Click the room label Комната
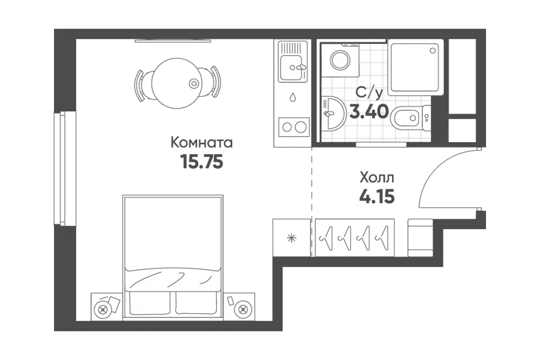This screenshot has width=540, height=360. click(201, 143)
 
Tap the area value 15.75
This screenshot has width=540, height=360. click(202, 161)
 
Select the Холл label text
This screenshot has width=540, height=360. click(377, 178)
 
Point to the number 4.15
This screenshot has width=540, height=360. click(377, 197)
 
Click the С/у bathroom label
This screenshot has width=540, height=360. click(369, 92)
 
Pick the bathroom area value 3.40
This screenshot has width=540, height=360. click(369, 111)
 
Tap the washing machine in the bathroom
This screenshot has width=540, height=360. click(340, 61)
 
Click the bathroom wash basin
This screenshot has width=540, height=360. click(334, 113)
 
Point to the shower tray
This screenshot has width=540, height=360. click(415, 67)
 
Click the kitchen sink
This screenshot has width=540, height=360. click(292, 68)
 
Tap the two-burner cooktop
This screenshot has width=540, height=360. click(294, 127)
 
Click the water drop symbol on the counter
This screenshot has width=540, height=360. click(292, 97)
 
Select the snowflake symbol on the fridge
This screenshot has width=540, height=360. click(292, 238)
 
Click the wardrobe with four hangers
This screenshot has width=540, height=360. click(355, 238)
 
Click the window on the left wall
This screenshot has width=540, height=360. click(65, 168)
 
